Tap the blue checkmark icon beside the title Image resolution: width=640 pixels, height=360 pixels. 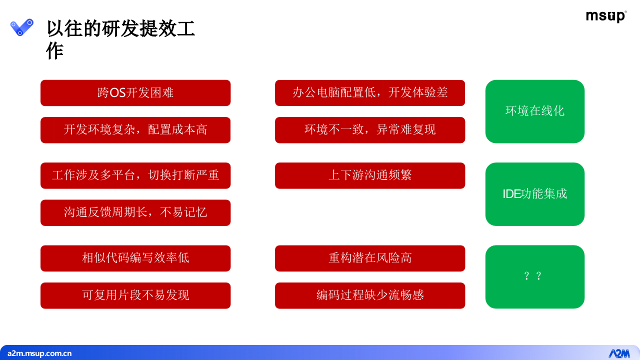22,27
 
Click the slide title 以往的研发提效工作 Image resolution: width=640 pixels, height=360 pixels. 120,39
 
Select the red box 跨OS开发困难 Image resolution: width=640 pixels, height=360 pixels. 135,93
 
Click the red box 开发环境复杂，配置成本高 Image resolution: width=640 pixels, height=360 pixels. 135,130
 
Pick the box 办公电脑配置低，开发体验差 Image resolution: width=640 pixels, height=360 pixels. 370,93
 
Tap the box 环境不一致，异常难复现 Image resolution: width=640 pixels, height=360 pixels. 370,130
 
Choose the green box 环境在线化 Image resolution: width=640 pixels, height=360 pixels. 534,111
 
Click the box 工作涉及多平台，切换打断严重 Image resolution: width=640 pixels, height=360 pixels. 135,175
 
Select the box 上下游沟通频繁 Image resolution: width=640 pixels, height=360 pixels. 370,175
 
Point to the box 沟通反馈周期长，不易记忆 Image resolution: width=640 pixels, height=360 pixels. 135,212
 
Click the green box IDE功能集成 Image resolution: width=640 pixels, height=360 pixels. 534,194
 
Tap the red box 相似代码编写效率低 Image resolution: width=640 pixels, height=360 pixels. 135,258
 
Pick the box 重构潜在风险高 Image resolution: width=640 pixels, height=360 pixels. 370,258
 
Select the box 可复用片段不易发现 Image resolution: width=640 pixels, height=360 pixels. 135,295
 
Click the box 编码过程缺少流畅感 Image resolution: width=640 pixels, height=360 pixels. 370,295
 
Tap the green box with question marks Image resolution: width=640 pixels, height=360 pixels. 534,276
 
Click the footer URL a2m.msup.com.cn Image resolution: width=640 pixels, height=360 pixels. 39,353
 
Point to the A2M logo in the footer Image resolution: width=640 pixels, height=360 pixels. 618,353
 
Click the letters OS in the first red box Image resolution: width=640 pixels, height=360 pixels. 117,93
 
